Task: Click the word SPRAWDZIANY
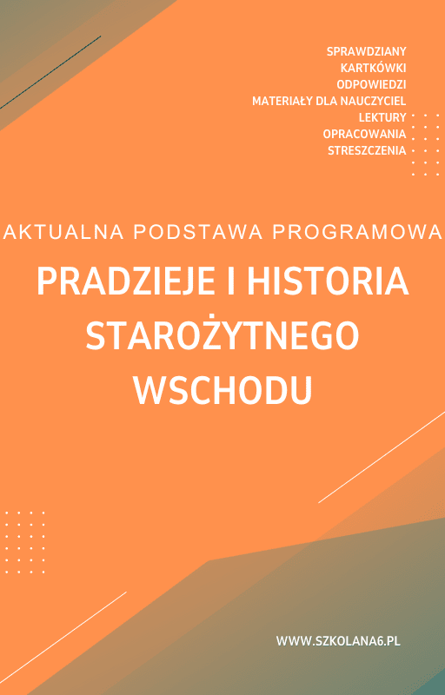367,51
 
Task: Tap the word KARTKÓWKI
373,68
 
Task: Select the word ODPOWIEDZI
371,84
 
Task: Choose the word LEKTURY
382,117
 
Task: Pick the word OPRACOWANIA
364,134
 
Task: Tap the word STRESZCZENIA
367,150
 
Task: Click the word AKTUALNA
63,232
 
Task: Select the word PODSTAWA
198,232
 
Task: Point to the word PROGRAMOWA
358,232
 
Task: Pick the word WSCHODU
223,390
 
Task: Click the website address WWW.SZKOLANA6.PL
338,641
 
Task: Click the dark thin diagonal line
50,72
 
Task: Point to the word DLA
325,101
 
